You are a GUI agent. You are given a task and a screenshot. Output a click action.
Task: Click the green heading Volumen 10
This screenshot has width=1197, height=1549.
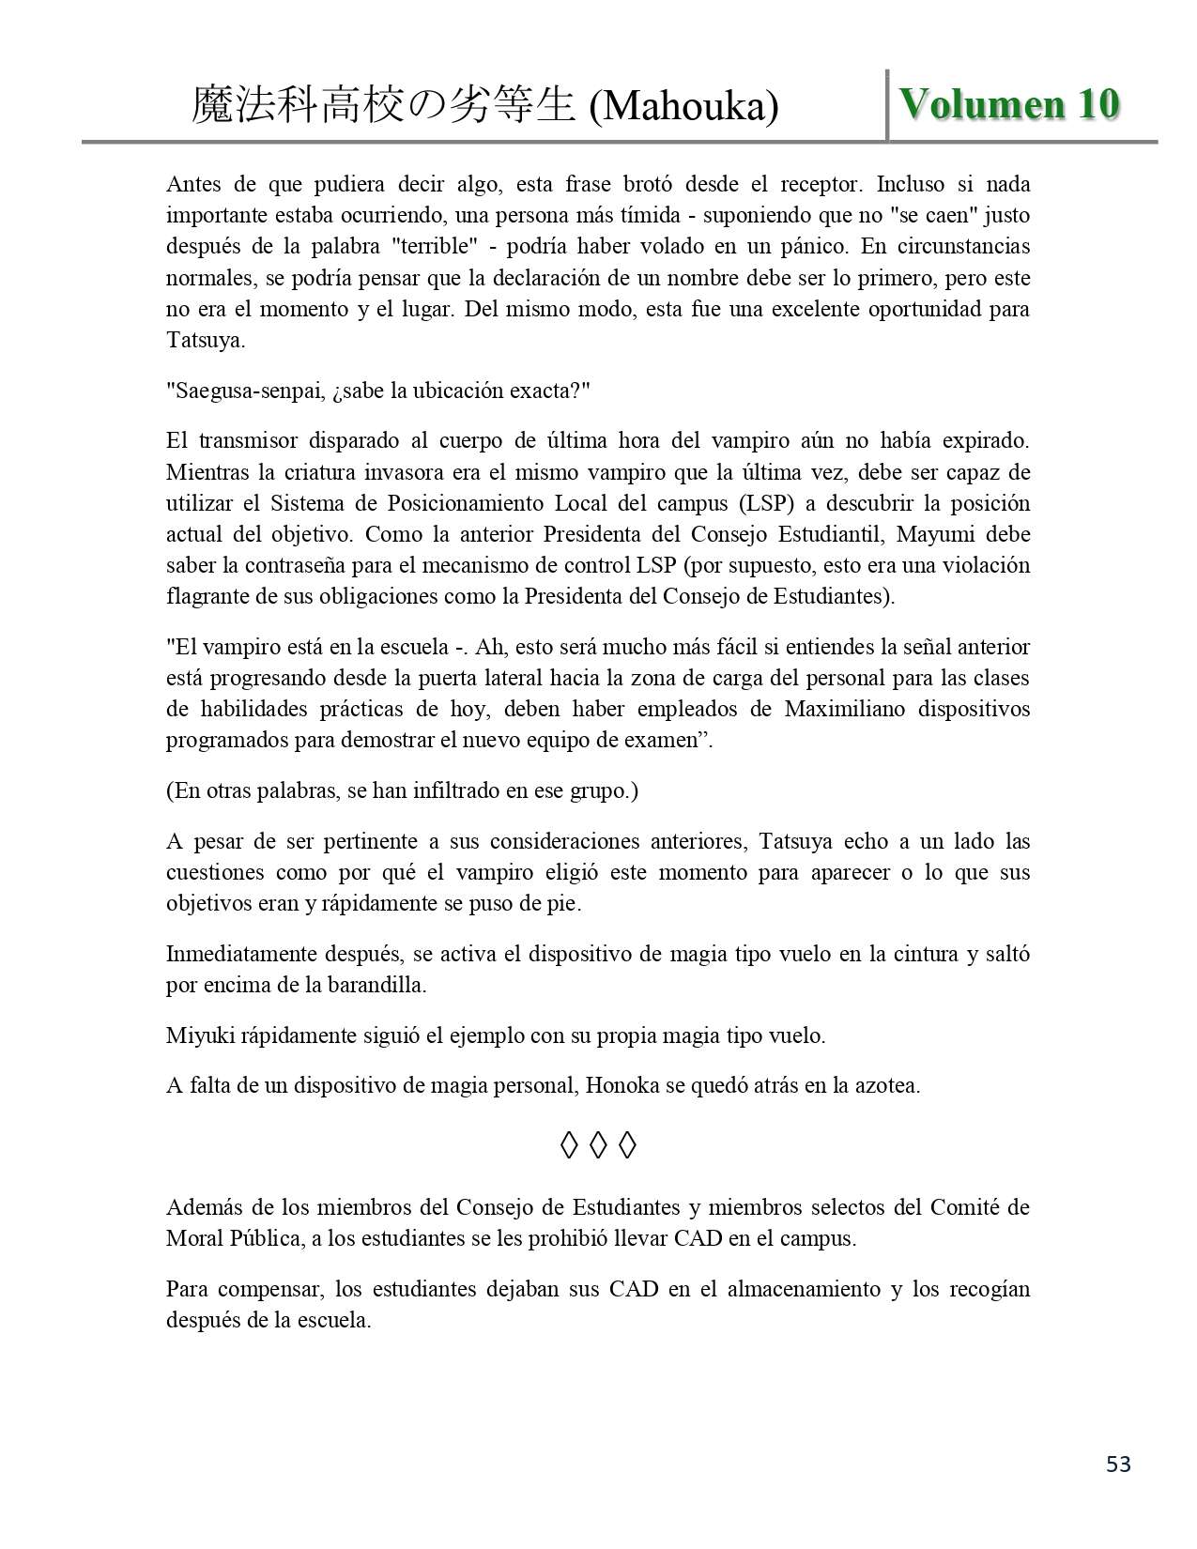point(1009,104)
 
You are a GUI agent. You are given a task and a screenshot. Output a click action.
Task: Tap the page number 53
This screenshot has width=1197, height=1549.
point(1118,1465)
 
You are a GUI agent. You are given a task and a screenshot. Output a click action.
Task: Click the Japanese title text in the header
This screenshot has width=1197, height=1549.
point(383,105)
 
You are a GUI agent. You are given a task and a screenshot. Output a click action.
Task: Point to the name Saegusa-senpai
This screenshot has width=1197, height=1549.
point(247,391)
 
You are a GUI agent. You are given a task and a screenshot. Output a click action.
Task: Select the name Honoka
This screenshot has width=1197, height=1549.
point(621,1086)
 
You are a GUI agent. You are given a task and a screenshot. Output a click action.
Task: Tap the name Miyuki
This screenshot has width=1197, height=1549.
point(196,1035)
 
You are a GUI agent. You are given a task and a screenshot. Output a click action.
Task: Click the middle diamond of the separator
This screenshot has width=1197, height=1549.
point(599,1145)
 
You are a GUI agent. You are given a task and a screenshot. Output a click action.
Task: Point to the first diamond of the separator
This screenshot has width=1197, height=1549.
point(568,1145)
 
